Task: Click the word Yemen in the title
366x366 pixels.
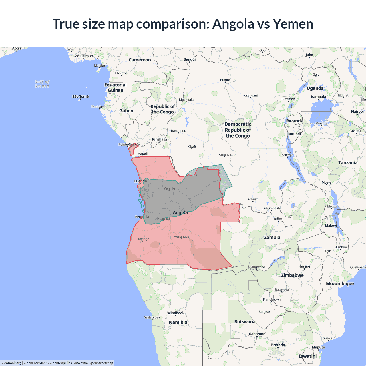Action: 293,24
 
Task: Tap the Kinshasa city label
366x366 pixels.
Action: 159,140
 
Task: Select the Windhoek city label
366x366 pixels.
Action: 176,313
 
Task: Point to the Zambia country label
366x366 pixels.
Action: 272,237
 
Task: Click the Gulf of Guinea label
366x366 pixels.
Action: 42,84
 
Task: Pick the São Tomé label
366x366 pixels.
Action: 80,96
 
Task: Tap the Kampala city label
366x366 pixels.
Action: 318,97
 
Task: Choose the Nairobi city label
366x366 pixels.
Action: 357,112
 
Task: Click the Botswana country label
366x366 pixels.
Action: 245,322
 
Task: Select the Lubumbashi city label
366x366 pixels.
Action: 271,208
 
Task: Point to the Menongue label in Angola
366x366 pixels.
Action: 181,236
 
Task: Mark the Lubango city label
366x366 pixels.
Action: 143,239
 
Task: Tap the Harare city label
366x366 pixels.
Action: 304,266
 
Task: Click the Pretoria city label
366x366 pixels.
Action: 278,345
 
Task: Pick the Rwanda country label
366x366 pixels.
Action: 295,121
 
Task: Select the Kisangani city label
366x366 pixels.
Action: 250,95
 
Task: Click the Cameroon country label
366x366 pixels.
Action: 140,60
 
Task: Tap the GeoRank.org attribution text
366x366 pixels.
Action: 11,363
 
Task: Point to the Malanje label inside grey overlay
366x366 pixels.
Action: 169,188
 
